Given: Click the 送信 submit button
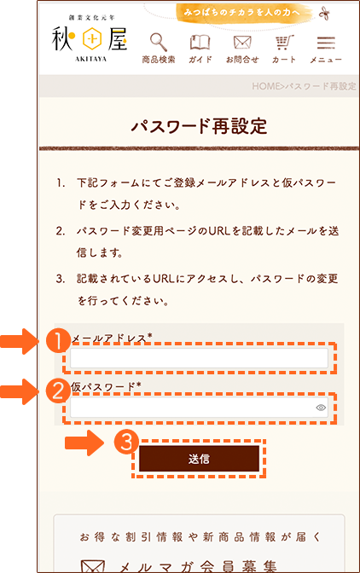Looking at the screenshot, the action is (199, 459).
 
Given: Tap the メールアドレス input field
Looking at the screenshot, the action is (199, 358).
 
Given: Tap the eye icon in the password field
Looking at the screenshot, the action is (321, 408).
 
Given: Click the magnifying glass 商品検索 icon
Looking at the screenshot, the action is (159, 42).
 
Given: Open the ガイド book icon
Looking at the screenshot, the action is (200, 43).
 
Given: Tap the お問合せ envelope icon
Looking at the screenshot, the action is (242, 43).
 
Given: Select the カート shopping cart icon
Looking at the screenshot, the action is (284, 43).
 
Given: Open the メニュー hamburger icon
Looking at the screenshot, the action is (326, 43).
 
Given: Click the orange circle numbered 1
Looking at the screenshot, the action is (59, 340).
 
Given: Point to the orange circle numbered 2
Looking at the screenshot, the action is (59, 391).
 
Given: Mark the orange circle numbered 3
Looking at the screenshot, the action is (126, 442).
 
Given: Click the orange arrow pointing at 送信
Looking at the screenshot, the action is (84, 443).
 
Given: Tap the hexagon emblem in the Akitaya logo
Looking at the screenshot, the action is (92, 38).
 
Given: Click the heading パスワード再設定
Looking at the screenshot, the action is (199, 126).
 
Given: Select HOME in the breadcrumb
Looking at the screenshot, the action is (265, 86).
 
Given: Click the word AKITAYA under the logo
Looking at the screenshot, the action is (90, 59).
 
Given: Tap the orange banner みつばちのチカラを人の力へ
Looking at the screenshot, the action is (242, 13).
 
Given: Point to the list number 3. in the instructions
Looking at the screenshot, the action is (61, 279).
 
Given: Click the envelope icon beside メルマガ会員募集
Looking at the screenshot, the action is (93, 566).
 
